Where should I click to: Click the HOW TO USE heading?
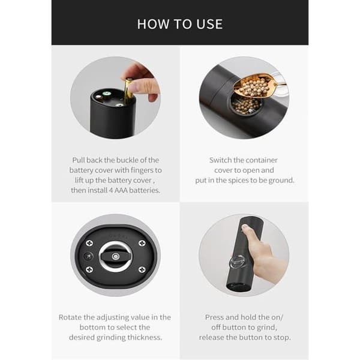point(180,24)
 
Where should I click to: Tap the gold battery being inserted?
point(128,91)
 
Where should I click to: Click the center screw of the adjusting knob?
point(115,256)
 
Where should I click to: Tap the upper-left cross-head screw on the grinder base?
point(89,243)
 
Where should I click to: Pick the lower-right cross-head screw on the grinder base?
point(142,269)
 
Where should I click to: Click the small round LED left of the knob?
point(88,256)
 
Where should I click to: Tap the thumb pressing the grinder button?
point(247,230)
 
